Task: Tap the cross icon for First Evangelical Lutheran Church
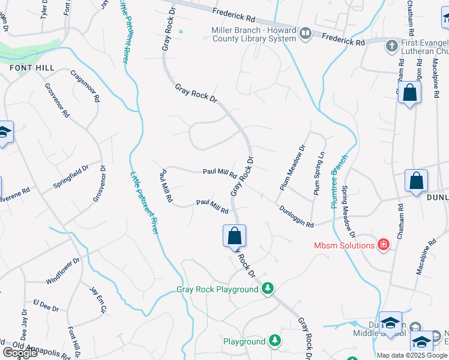(x=391, y=46)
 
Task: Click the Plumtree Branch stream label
(x=339, y=182)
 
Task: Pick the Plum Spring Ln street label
(x=319, y=173)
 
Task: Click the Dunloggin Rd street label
(x=297, y=216)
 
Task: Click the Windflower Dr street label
(x=62, y=271)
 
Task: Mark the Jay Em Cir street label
(x=98, y=301)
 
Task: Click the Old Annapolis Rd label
(x=33, y=347)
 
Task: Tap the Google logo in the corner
(x=20, y=353)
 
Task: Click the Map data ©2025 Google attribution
(x=412, y=355)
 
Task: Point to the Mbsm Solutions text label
(x=345, y=245)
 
